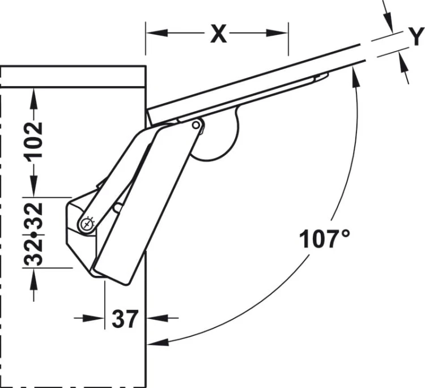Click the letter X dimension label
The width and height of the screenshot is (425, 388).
tap(219, 34)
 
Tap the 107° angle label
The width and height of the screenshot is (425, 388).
tap(325, 238)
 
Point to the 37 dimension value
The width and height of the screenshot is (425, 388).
tap(125, 319)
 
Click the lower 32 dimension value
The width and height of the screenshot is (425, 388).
tap(34, 252)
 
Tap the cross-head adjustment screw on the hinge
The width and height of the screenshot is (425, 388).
tap(87, 224)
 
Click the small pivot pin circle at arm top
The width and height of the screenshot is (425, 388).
tap(196, 125)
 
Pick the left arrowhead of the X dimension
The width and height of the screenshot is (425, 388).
tap(156, 33)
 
